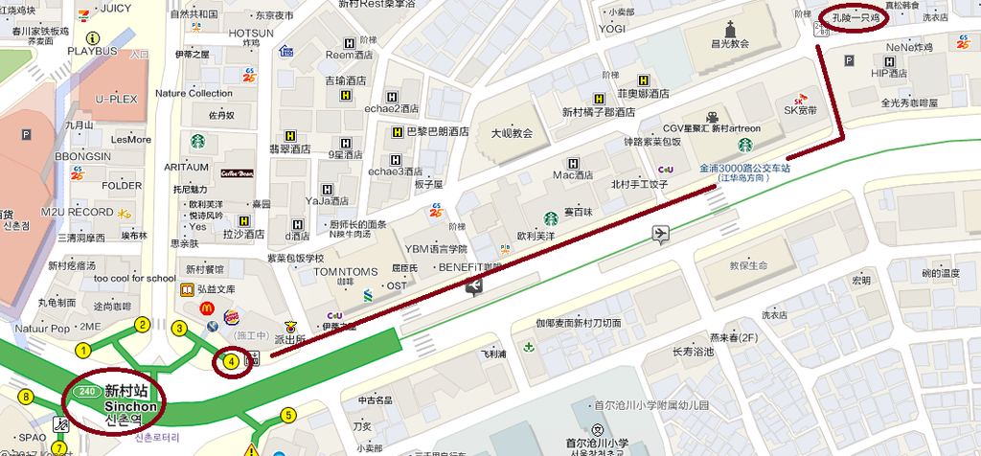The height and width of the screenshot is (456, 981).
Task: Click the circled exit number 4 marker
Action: tap(231, 361)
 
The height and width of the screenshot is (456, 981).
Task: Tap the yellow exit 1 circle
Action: tap(83, 351)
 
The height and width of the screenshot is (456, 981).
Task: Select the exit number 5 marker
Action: tap(287, 415)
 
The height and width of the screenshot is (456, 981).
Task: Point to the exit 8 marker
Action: tap(26, 397)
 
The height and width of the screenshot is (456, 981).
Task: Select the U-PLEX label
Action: tap(116, 99)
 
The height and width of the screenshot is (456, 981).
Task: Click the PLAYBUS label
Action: tap(93, 50)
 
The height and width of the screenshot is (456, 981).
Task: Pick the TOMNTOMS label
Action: tap(346, 272)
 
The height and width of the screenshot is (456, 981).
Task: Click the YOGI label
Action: tap(612, 29)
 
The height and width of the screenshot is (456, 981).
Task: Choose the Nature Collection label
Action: tap(194, 93)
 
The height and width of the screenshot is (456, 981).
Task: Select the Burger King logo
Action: tap(232, 317)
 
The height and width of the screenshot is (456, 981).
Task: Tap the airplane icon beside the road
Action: tap(660, 233)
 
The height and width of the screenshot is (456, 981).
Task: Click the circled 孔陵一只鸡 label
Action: tap(855, 18)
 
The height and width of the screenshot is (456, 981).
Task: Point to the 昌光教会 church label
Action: tap(729, 44)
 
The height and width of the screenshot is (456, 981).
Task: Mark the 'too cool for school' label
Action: tap(135, 279)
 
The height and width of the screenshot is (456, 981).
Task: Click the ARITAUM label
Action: tap(186, 167)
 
